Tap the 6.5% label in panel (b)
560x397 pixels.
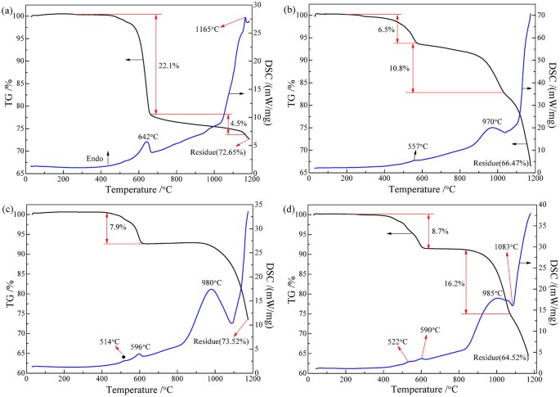[x=388, y=29]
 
